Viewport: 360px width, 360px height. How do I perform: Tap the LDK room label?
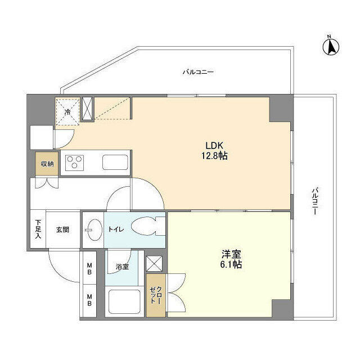point(212,145)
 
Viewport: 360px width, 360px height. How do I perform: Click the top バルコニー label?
point(197,72)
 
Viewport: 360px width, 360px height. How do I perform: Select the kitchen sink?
point(115,163)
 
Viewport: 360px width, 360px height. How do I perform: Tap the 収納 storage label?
point(46,164)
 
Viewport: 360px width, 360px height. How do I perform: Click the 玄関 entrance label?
point(62,229)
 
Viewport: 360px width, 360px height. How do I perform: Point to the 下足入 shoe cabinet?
point(38,229)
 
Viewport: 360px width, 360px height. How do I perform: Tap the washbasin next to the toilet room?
point(93,229)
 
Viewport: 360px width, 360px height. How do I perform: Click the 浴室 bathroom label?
point(122,266)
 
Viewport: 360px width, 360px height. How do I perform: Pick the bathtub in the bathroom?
point(124,303)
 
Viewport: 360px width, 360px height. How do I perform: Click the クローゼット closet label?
point(156,295)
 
